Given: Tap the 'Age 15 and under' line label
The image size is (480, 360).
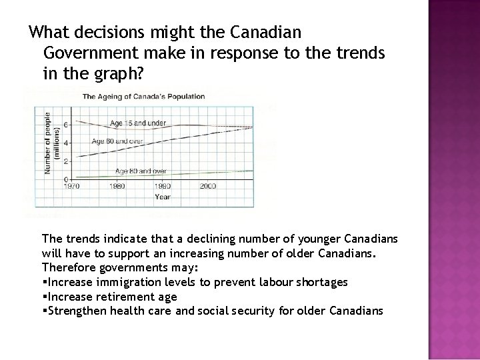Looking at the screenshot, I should (138, 123).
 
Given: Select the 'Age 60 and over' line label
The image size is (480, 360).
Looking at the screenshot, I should (117, 141).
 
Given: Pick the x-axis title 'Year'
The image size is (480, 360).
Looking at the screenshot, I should (162, 197).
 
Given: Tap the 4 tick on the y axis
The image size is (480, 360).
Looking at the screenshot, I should (65, 143).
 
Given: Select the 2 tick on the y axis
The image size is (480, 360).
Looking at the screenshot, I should (65, 161).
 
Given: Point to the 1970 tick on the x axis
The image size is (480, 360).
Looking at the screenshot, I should (71, 187).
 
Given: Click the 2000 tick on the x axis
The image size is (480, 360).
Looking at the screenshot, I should (207, 187).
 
